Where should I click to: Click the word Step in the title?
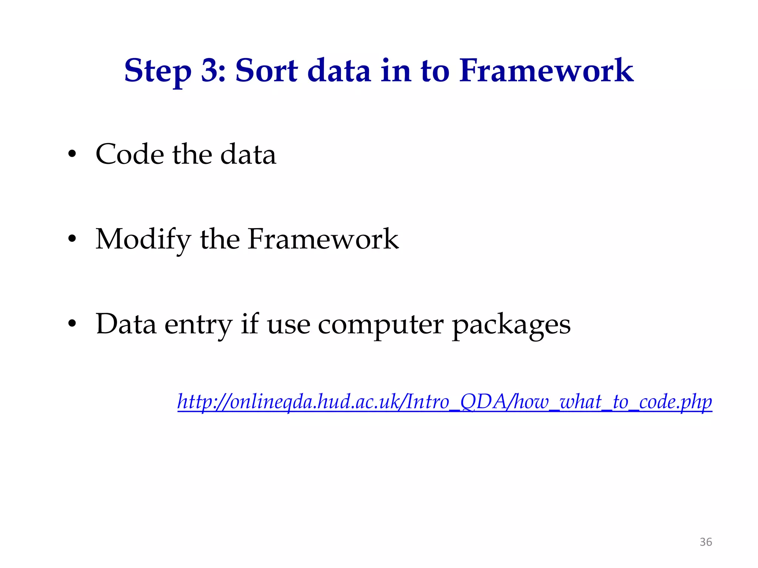[x=158, y=71]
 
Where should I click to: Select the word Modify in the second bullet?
[x=144, y=240]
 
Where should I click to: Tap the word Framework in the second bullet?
[x=323, y=239]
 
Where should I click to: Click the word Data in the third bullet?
[x=126, y=324]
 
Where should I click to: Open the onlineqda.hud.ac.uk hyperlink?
[x=445, y=402]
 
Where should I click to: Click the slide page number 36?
[x=705, y=542]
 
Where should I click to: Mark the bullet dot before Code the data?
[x=72, y=155]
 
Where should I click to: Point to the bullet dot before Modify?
[x=72, y=239]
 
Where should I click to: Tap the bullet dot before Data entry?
[x=72, y=324]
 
